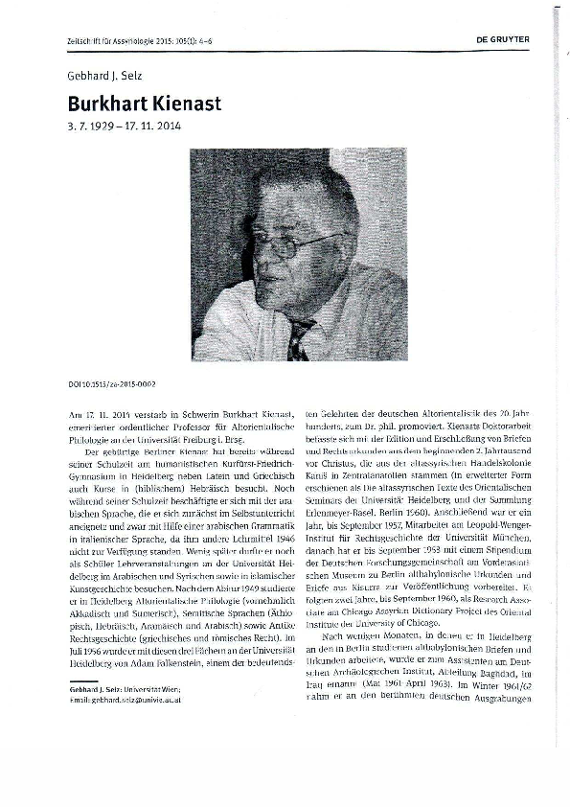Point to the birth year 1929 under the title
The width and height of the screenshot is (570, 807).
(x=103, y=126)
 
